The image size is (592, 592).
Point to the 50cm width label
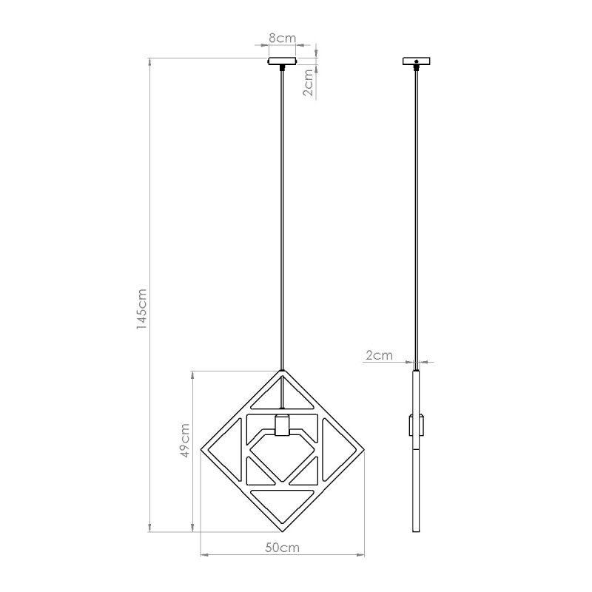(x=283, y=548)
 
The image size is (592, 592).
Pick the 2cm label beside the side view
(x=379, y=356)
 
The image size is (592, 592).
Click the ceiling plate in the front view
(x=281, y=61)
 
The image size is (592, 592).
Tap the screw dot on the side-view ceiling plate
(x=416, y=62)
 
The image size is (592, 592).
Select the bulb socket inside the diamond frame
(x=281, y=427)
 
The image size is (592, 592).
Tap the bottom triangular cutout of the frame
(x=282, y=500)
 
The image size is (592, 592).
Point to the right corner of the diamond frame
(x=363, y=449)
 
